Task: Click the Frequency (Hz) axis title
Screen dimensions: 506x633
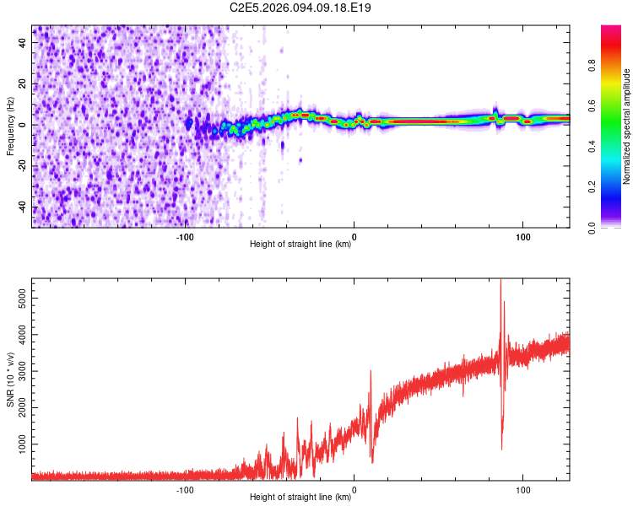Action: point(10,126)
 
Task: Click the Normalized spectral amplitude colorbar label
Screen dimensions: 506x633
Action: point(627,126)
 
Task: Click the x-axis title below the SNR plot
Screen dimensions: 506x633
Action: point(301,498)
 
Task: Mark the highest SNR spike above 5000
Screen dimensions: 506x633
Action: point(500,283)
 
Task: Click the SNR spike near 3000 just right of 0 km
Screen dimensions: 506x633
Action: point(371,372)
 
